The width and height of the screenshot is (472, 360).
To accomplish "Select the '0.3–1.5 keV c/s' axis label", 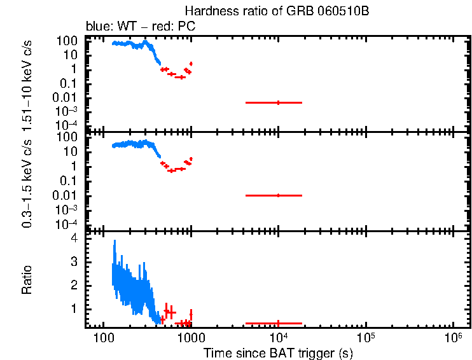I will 27,181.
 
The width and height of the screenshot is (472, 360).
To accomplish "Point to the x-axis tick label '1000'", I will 190,337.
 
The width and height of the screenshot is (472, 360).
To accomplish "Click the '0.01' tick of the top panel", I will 65,98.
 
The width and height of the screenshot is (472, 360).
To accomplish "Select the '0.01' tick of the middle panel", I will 65,195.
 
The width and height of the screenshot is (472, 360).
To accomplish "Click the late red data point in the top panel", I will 278,102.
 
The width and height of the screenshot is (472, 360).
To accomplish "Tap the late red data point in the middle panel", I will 278,195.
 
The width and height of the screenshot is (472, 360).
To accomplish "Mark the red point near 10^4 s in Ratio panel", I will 278,323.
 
